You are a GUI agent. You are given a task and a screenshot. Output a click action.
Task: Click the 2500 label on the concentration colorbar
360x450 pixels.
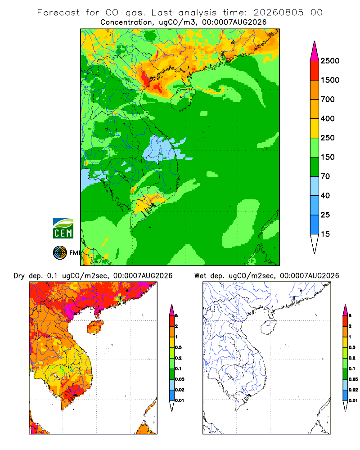point(330,61)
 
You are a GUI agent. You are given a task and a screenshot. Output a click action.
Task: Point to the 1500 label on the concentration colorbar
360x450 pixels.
point(330,80)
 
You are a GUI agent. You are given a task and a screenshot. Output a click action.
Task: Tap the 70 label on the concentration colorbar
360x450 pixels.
point(325,176)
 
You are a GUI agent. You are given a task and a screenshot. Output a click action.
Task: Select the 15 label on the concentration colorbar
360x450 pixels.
point(325,234)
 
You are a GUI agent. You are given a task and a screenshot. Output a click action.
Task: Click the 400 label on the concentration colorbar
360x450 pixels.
point(328,118)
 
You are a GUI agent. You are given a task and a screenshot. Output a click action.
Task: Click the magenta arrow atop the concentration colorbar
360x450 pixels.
point(315,51)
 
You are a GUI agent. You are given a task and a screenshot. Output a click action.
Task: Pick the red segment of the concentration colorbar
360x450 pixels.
point(315,71)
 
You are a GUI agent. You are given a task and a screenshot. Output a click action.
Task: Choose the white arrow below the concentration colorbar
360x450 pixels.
point(315,244)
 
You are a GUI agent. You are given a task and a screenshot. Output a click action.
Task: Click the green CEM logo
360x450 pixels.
point(63,229)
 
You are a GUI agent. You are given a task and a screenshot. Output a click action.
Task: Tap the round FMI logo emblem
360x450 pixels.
point(60,253)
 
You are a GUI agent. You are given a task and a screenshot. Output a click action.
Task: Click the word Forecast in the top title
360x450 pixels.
point(58,13)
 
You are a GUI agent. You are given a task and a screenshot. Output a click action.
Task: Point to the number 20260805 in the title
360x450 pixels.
point(278,13)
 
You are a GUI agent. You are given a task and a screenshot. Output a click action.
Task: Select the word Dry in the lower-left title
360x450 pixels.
point(19,276)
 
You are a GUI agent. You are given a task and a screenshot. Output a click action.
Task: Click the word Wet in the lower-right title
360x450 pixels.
point(200,276)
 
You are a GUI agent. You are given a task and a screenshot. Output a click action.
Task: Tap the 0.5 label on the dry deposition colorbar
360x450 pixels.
point(178,347)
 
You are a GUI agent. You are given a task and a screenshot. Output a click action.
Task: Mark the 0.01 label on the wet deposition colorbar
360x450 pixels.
point(353,400)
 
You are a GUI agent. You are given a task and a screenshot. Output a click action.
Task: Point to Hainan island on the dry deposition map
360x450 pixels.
point(95,327)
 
